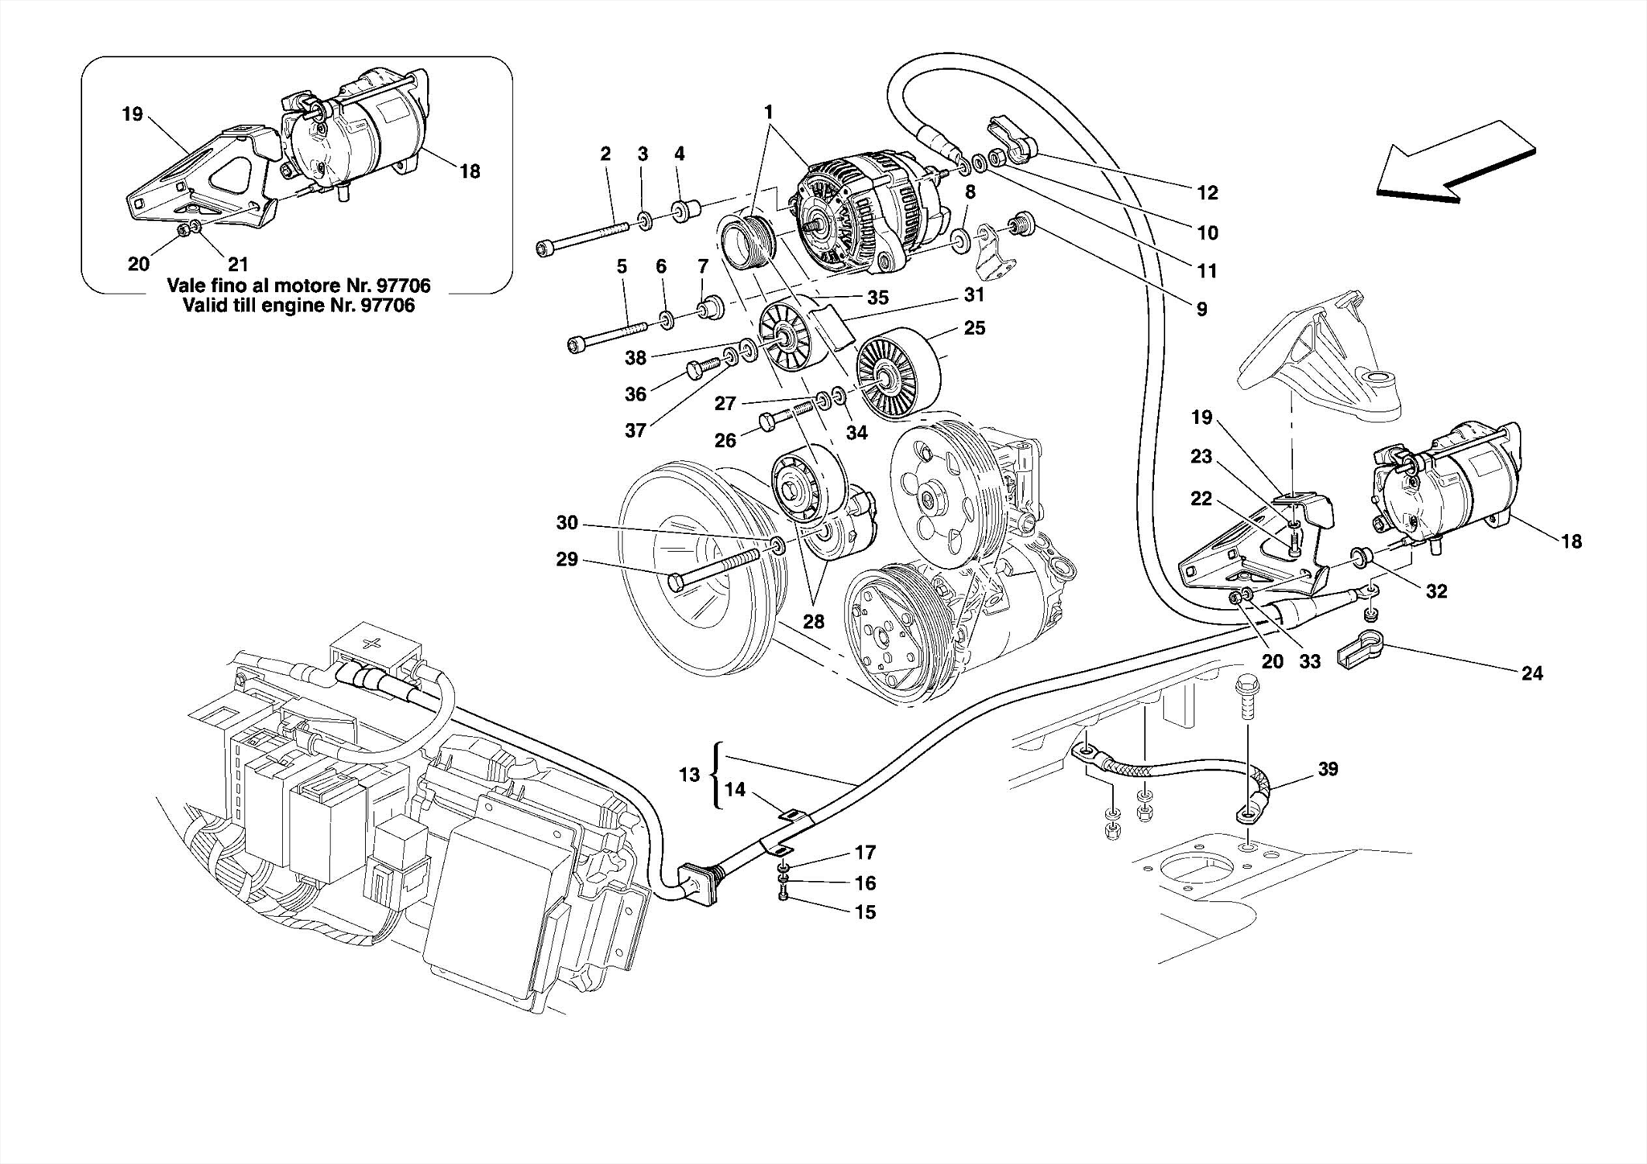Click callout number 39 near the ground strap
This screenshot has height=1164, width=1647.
[1328, 769]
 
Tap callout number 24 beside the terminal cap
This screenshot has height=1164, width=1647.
[1532, 673]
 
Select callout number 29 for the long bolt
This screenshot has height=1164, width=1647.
[567, 559]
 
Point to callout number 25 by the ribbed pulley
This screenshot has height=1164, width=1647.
[975, 328]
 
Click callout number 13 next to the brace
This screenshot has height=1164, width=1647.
[689, 775]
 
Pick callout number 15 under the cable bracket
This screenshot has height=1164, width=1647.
[865, 912]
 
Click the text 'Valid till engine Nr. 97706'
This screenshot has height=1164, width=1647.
[299, 306]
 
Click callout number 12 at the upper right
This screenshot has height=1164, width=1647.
[1207, 192]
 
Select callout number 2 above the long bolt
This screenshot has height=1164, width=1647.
[606, 153]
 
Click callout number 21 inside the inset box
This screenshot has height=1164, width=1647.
[238, 264]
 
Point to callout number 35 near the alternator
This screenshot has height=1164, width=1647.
[877, 298]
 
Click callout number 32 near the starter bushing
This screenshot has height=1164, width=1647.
[1436, 591]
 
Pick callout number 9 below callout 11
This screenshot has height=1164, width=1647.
[1201, 309]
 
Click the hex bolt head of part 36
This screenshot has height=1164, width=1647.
[696, 369]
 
